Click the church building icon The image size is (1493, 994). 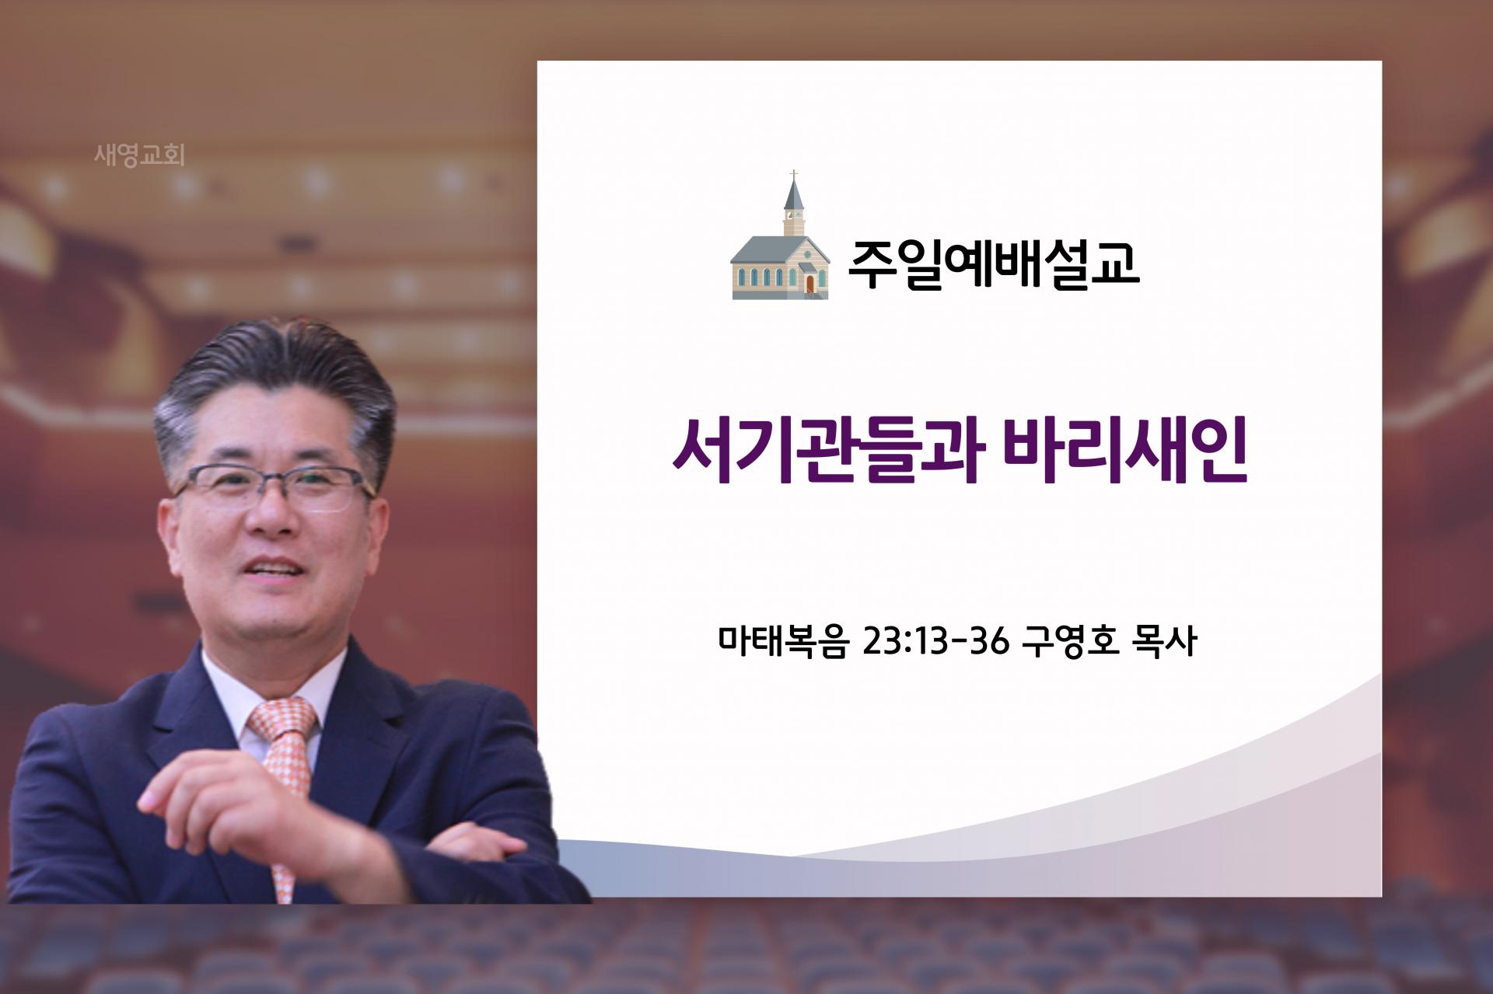[781, 235]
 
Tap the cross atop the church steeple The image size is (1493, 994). [794, 173]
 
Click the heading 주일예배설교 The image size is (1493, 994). [993, 263]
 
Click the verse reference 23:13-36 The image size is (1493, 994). [936, 642]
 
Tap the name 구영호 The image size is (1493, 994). [1071, 642]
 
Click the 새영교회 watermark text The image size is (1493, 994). [139, 155]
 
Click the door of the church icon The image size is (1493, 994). [810, 284]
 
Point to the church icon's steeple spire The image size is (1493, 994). [794, 190]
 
